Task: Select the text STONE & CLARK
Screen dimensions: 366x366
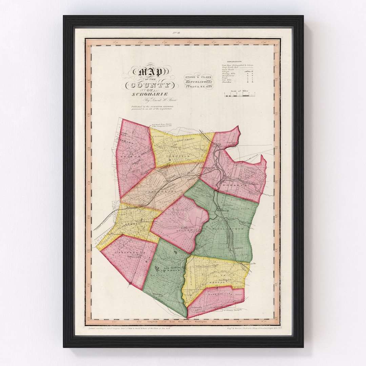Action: [198, 77]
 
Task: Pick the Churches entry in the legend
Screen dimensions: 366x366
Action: [227, 82]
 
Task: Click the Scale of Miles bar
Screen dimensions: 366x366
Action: [239, 95]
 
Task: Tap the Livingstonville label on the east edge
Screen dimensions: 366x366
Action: [251, 263]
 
